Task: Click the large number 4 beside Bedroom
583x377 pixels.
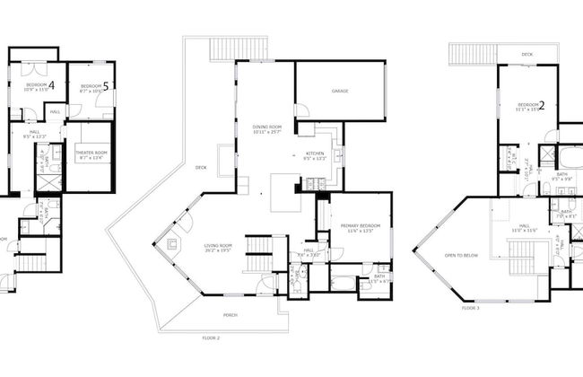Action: pos(51,85)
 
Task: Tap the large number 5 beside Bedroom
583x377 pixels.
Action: pos(106,86)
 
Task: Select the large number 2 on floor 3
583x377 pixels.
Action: pos(542,105)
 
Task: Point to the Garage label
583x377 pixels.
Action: pos(340,91)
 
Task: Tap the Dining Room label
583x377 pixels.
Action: pos(267,128)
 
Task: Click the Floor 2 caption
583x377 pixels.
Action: pos(212,337)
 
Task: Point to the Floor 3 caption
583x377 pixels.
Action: pos(471,308)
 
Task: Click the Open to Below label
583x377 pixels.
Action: pos(458,255)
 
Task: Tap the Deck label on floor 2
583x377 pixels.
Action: pos(202,167)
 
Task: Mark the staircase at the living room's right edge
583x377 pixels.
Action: pos(258,246)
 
